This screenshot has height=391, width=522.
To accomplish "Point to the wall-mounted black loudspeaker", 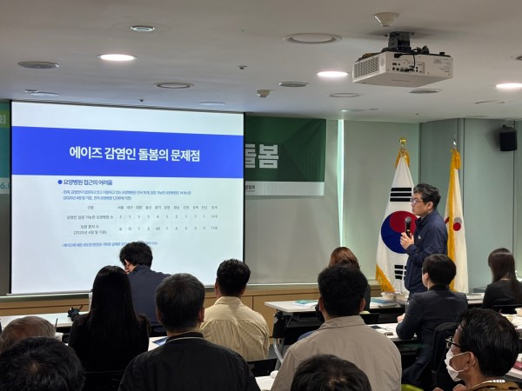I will pyautogui.click(x=508, y=139).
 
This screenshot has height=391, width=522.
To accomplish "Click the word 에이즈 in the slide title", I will pyautogui.click(x=87, y=154).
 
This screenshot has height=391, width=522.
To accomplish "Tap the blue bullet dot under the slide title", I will pyautogui.click(x=60, y=182).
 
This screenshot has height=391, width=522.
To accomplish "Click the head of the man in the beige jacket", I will pyautogui.click(x=232, y=277).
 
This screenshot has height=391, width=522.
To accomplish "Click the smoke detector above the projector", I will pyautogui.click(x=386, y=18).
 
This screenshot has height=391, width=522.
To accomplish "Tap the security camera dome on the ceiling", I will pyautogui.click(x=263, y=93).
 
